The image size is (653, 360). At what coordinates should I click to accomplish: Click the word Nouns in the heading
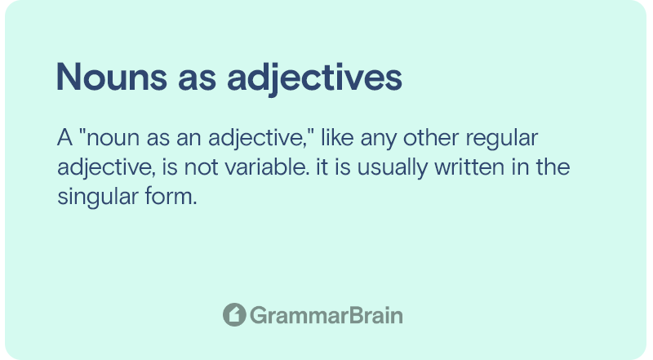pos(112,77)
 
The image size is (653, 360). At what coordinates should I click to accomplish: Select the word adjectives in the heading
pos(314,79)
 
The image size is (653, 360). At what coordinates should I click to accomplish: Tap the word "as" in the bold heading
pos(197,81)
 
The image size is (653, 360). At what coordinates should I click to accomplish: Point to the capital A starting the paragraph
pos(65,137)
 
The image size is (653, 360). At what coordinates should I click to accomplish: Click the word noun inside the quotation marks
pos(113,140)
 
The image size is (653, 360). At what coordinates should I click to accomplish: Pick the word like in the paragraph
pos(337,137)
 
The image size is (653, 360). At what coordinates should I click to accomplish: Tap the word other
pos(431,137)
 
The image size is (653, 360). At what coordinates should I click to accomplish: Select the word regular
pos(502,140)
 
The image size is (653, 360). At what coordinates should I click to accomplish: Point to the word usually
pos(393,169)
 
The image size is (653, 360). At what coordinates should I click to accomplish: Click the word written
pos(469,167)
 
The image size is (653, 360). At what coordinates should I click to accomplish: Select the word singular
pos(97,198)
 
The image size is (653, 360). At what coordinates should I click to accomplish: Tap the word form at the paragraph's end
pos(171,196)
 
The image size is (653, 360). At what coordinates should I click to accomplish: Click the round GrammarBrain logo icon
pos(234,314)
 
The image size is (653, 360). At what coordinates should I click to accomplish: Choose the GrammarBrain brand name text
pos(326,315)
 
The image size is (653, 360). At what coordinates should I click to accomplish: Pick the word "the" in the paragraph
pos(553,167)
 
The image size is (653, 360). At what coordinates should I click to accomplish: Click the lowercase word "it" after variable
pos(322,167)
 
